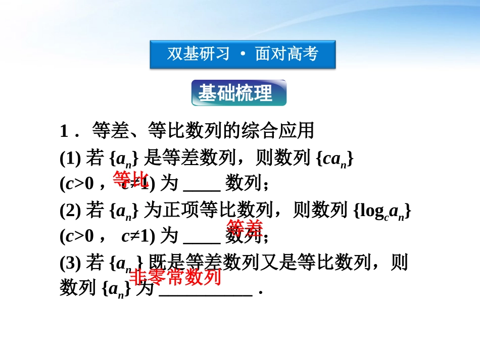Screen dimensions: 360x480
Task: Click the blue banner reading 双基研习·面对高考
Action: pyautogui.click(x=243, y=54)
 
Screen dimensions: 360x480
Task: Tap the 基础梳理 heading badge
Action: pyautogui.click(x=238, y=93)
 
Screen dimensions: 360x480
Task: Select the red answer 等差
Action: pyautogui.click(x=245, y=228)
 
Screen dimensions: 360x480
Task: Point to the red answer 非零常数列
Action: pyautogui.click(x=176, y=277)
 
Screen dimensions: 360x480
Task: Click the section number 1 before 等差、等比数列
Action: pyautogui.click(x=64, y=131)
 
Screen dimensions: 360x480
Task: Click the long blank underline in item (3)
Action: pyautogui.click(x=206, y=295)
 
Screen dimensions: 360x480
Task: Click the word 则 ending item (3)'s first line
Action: pyautogui.click(x=399, y=263)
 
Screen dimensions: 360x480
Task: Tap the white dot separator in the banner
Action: pyautogui.click(x=243, y=54)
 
